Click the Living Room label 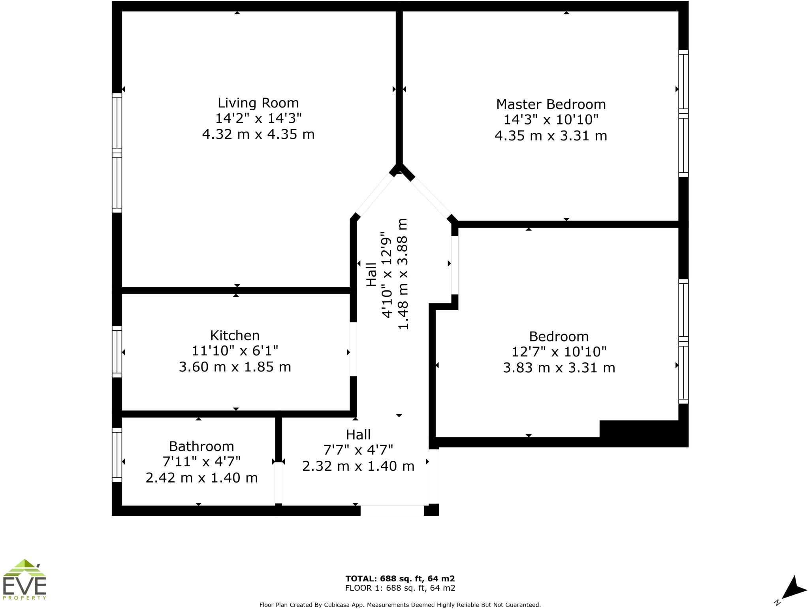[258, 103]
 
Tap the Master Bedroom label [551, 104]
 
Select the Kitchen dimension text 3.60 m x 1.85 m [235, 367]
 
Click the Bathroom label [201, 446]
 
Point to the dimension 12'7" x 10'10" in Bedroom [559, 351]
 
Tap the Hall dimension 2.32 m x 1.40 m [358, 466]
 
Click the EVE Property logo [24, 579]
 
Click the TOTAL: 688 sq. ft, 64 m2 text [400, 579]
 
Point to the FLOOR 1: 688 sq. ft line [400, 588]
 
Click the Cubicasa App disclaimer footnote [400, 605]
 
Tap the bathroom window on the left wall [117, 455]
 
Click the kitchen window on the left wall [117, 352]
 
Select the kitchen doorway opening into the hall [354, 349]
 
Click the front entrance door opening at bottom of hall [392, 510]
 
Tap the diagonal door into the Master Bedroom [431, 198]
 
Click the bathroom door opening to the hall [278, 483]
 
